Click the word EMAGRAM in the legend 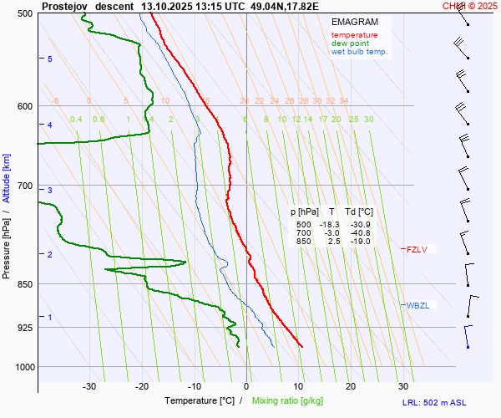pyautogui.click(x=354, y=21)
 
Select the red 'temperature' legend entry pyautogui.click(x=354, y=35)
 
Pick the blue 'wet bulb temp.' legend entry pyautogui.click(x=359, y=52)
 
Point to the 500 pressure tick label pyautogui.click(x=24, y=13)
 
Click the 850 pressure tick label pyautogui.click(x=24, y=285)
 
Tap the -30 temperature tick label pyautogui.click(x=89, y=386)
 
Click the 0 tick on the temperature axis pyautogui.click(x=246, y=386)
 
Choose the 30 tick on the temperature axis pyautogui.click(x=403, y=386)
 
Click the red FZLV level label pyautogui.click(x=416, y=249)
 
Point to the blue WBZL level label pyautogui.click(x=417, y=305)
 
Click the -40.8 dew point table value pyautogui.click(x=359, y=233)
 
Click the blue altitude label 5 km pyautogui.click(x=50, y=59)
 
